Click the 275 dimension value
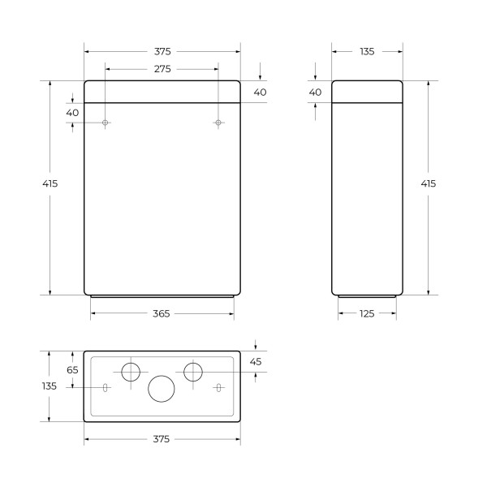coord(162,70)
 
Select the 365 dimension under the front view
coord(161,314)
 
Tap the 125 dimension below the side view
coord(367,314)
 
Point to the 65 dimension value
coord(72,369)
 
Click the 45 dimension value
coord(256,361)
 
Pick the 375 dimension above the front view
coord(162,51)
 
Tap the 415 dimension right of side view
coord(428,183)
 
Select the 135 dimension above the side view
coord(367,51)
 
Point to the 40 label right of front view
coord(260,93)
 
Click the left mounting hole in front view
coord(106,123)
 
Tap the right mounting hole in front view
coord(218,123)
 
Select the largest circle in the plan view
coord(161,388)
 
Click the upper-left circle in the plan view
coord(131,372)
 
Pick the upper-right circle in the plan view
coord(192,372)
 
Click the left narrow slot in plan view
coord(106,388)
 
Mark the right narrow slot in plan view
coord(218,388)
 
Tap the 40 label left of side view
coord(316,93)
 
